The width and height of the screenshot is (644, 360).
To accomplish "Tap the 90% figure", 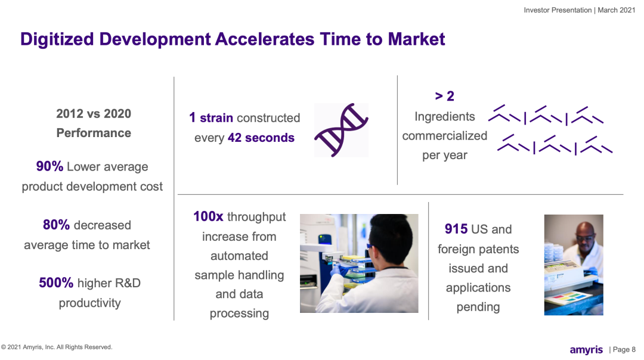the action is pos(49,166).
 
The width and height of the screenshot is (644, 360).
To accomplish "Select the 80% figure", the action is pos(56,225).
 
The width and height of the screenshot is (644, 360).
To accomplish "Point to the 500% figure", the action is pos(56,283).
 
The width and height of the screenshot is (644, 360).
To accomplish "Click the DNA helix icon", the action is pos(341,130).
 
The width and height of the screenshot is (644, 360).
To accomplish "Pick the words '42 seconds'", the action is pos(261,138).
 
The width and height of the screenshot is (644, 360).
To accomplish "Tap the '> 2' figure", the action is pos(444,96).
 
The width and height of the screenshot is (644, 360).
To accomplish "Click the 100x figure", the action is pos(208,216).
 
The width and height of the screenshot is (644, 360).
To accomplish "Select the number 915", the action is pos(456,229).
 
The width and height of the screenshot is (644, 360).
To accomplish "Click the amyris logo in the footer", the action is pos(586,350).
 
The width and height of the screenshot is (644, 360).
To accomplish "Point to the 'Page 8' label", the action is pos(624,349).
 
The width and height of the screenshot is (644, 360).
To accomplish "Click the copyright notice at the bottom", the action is pos(57,347).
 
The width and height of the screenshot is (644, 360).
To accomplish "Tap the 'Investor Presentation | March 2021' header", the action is pos(580,10).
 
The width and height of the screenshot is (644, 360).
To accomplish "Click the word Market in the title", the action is pos(416,39).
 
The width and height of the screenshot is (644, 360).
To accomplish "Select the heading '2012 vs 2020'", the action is pos(94,114).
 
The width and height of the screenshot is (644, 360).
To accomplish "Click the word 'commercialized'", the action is pos(444,136).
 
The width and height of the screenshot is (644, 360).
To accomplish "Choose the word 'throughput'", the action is pos(256,217).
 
